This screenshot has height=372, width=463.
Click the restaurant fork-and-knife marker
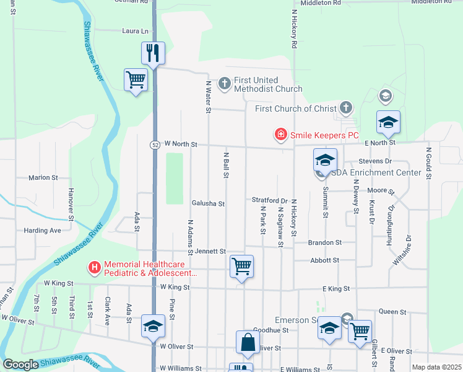tap(154, 53)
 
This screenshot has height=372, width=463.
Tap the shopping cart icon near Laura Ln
tap(136, 79)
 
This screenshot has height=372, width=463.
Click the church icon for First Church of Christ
tap(345, 108)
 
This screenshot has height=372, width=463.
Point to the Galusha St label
tap(208, 203)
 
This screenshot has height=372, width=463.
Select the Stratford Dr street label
tap(270, 200)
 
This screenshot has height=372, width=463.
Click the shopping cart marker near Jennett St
tap(241, 266)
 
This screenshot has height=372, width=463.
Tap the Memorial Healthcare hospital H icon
tap(94, 268)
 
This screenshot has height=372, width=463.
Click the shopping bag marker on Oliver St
tap(247, 342)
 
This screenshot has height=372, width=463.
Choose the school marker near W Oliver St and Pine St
tap(153, 326)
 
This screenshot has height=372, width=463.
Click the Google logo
tap(20, 365)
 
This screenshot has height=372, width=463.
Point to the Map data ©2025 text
tap(436, 368)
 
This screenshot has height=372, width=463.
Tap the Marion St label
tap(43, 177)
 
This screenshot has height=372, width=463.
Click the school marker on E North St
tap(388, 122)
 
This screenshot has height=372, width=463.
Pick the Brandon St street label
tap(326, 242)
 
